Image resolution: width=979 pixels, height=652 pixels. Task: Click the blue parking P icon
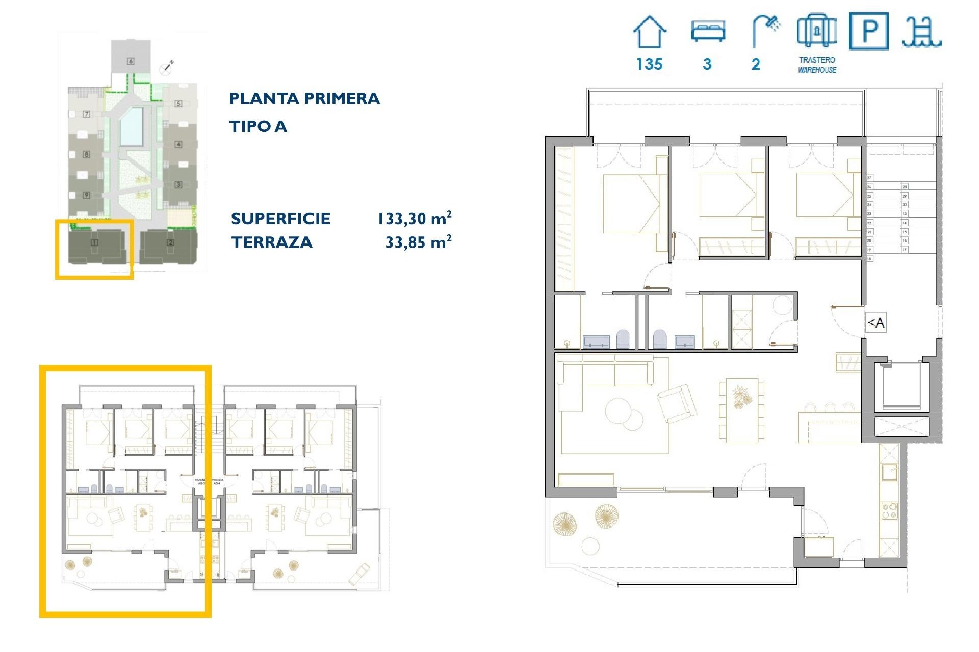coord(868,32)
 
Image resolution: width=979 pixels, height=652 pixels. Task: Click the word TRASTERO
coord(817,60)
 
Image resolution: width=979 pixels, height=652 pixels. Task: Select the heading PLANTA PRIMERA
coord(304,98)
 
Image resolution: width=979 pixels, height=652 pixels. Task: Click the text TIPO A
coord(258,126)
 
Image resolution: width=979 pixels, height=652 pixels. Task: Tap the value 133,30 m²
coord(414,219)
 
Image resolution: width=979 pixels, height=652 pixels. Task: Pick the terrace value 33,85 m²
coord(418,242)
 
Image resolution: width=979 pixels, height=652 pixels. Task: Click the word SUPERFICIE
coord(280,219)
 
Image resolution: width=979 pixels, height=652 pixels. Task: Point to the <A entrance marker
coord(876,322)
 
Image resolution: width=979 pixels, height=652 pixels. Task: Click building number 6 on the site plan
coord(131,61)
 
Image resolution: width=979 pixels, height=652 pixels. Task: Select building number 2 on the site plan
coord(170,242)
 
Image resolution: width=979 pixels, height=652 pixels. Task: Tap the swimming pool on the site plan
coord(131,126)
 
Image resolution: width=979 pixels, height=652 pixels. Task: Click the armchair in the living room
coord(677,403)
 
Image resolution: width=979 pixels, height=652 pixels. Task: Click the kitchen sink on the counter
coord(889,472)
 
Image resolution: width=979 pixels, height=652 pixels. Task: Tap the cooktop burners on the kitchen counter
coord(889,511)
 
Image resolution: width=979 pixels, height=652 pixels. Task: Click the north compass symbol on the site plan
coord(167,66)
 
